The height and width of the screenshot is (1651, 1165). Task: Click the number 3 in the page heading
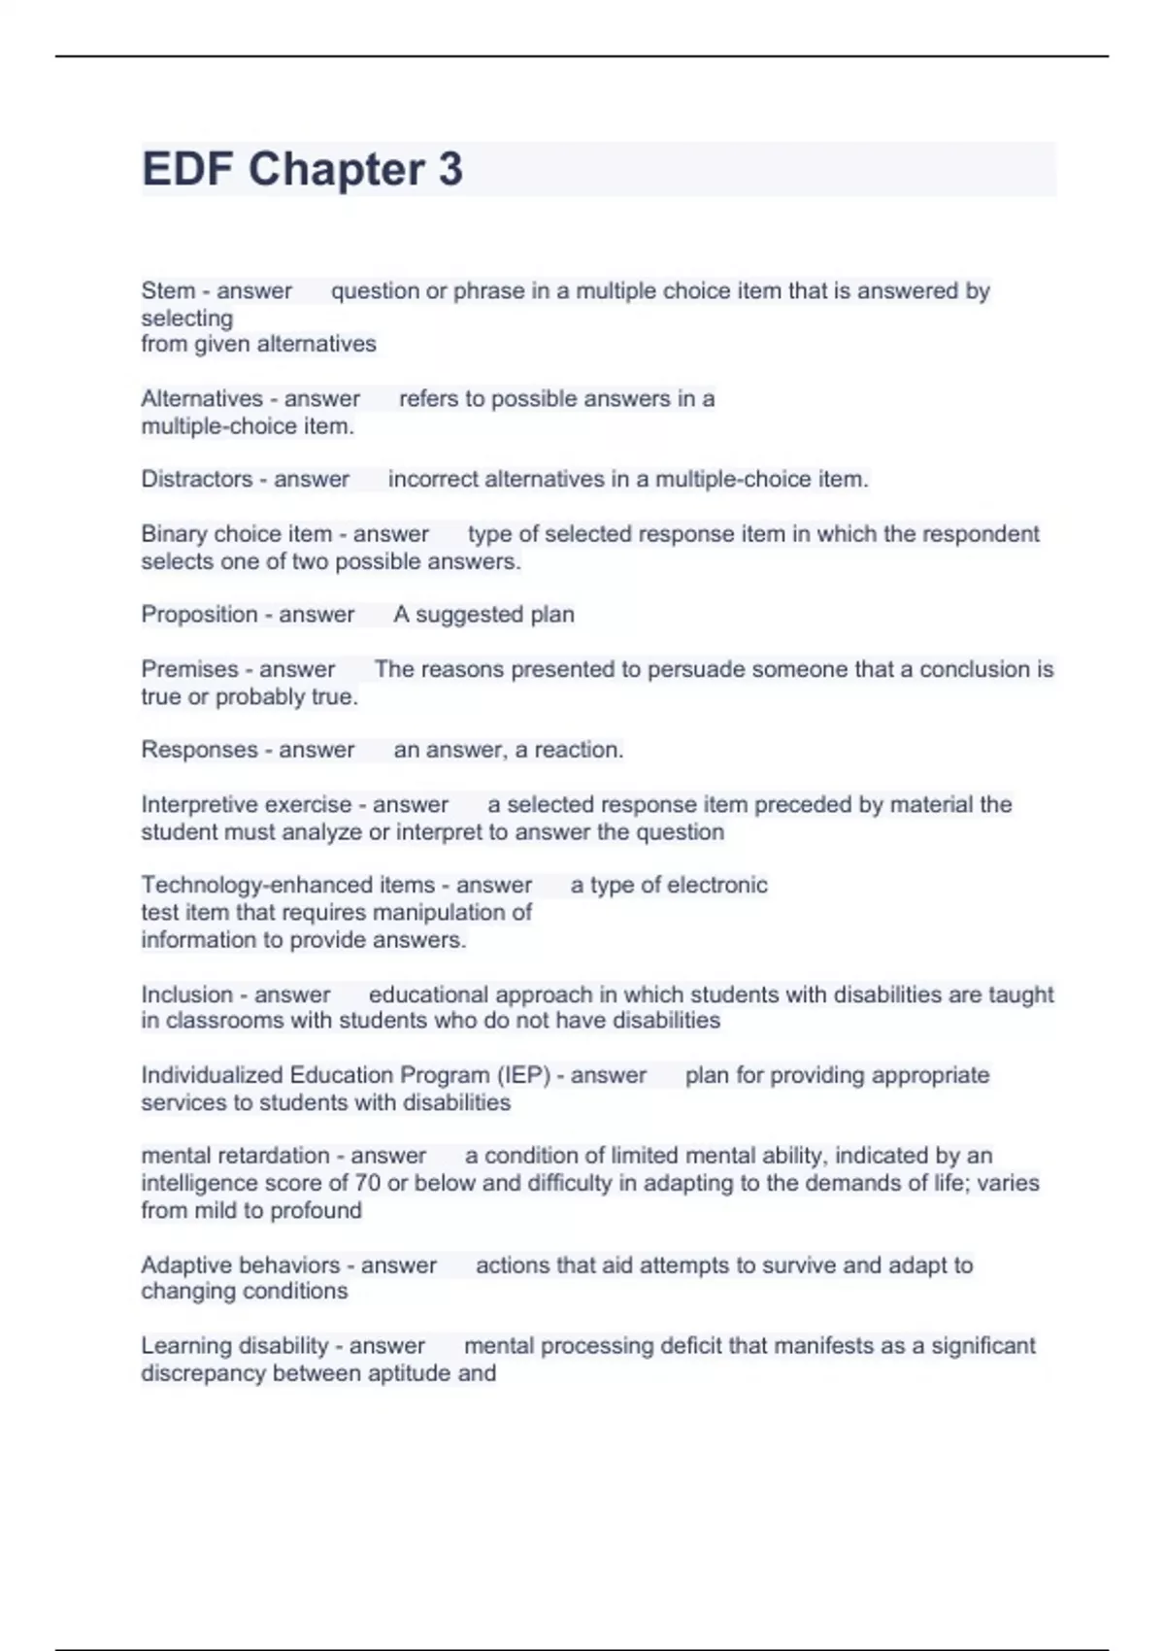coord(449,169)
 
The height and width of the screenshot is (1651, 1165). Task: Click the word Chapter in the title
coord(336,169)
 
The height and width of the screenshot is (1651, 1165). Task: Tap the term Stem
coord(168,290)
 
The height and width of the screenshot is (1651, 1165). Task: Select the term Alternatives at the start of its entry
coord(201,398)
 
